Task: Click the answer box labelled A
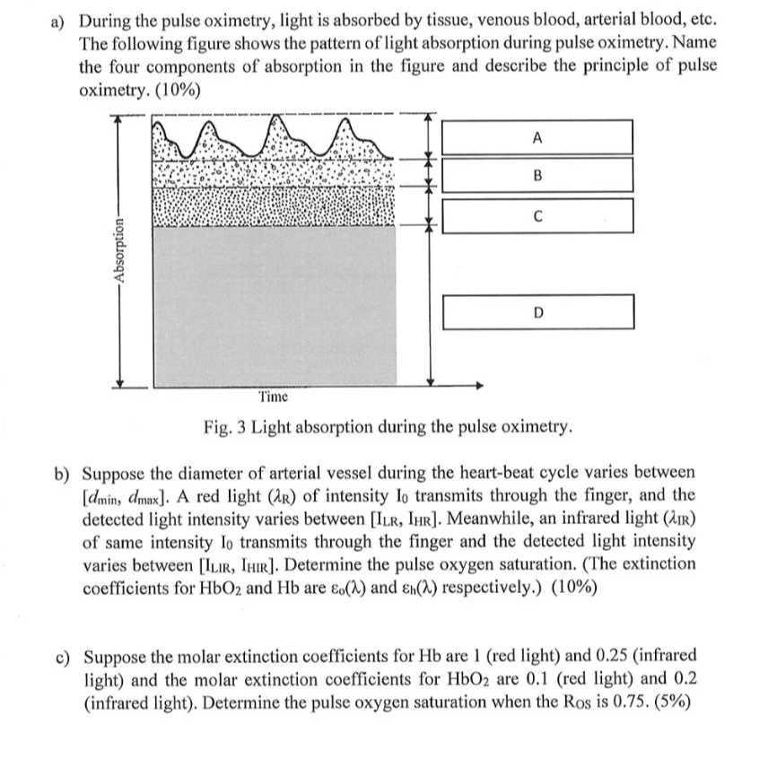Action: click(537, 137)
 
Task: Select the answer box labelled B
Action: click(537, 175)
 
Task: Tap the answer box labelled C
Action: click(537, 215)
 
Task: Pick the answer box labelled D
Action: click(538, 311)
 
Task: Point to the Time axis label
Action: click(274, 397)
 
